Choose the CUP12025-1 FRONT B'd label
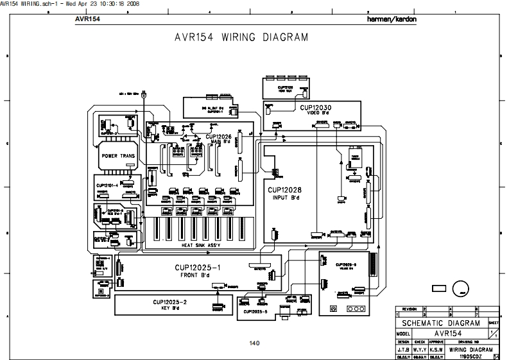(198, 270)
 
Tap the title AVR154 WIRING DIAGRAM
(241, 37)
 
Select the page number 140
(254, 343)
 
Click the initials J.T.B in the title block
(403, 350)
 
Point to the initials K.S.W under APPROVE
(437, 350)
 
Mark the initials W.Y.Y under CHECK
(420, 350)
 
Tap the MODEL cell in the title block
(403, 334)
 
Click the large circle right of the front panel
(460, 289)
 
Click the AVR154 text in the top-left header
(87, 19)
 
